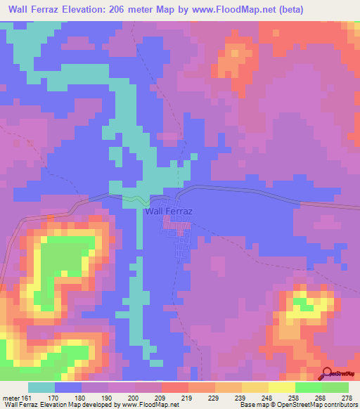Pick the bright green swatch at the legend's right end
335,387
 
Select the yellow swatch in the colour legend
281,387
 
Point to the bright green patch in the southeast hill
303,302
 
